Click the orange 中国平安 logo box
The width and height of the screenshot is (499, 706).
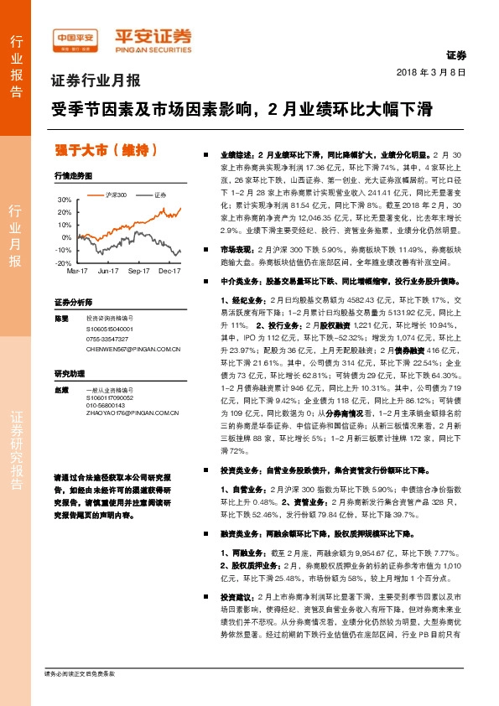(75, 38)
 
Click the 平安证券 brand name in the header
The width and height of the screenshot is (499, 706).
(146, 36)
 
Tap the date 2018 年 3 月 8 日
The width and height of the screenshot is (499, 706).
(430, 73)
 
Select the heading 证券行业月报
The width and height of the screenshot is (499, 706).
(96, 82)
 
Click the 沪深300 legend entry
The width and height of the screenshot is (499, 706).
(112, 195)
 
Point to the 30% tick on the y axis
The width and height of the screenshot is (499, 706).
(65, 200)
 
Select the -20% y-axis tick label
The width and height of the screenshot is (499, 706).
(64, 263)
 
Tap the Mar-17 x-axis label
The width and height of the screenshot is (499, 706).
(77, 272)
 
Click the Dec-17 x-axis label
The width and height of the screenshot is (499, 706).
(170, 272)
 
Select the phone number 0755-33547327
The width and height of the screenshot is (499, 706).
(107, 339)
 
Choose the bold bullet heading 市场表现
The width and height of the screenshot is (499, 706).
(237, 250)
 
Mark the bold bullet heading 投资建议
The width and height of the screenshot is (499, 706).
(237, 596)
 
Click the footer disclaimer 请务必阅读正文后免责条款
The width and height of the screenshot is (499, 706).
(81, 674)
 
